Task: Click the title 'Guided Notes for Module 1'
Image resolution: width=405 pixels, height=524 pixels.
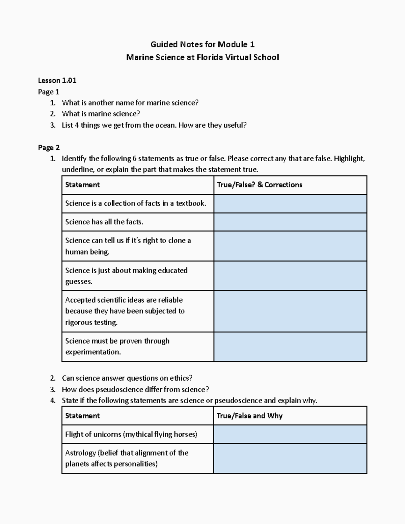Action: (202, 44)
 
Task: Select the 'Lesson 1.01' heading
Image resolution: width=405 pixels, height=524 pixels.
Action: (57, 80)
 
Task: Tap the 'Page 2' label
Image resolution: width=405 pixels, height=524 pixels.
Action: (49, 147)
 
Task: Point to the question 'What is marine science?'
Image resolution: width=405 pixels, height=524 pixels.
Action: (101, 114)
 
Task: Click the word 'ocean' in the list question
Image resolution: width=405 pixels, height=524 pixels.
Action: (165, 125)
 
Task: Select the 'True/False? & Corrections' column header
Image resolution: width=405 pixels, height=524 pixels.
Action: (260, 185)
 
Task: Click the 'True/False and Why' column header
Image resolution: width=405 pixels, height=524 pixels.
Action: (249, 416)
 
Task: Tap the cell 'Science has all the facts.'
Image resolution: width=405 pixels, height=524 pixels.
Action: (104, 222)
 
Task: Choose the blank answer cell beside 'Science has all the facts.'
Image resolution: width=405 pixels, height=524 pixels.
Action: (290, 222)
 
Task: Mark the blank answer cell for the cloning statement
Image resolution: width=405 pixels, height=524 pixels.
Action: (290, 246)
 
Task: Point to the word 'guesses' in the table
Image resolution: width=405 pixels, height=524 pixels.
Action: (79, 282)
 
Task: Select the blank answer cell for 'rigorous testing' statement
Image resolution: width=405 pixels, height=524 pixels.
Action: (290, 311)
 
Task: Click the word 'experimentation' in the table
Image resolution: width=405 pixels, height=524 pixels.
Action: (93, 352)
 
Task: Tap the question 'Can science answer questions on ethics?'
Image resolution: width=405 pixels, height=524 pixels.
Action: (127, 378)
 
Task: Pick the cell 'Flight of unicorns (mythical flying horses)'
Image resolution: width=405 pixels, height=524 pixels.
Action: (131, 434)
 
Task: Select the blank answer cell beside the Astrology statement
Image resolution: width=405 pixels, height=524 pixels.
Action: (290, 458)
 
